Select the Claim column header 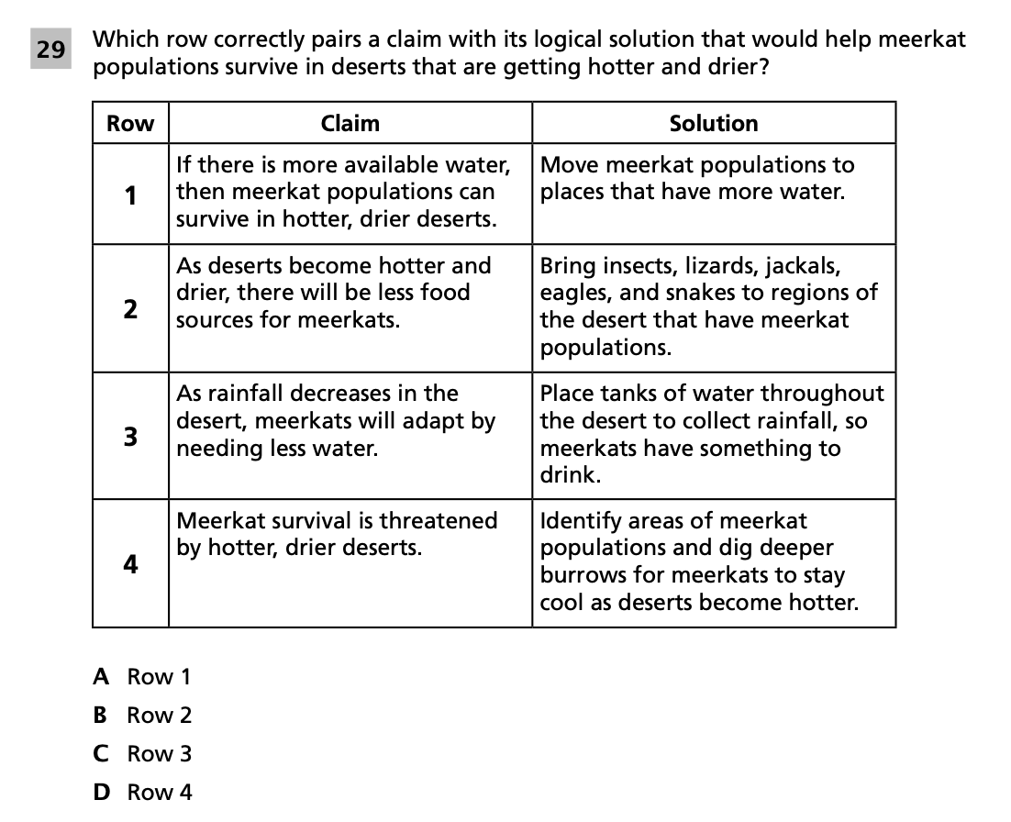point(350,123)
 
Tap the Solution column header point(713,123)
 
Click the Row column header point(130,123)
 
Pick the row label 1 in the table point(130,194)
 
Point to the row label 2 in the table point(130,308)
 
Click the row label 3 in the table point(130,436)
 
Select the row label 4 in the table point(130,563)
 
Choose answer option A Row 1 point(143,677)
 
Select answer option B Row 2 point(143,716)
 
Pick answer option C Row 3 point(143,754)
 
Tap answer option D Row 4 point(143,793)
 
